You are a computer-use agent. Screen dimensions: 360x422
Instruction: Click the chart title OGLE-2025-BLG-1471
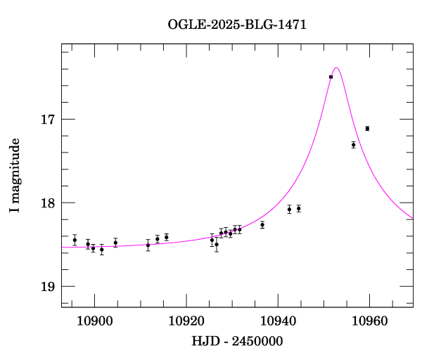click(237, 25)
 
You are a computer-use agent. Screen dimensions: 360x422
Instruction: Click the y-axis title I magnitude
click(15, 176)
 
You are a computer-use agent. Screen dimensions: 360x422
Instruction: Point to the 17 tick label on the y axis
click(47, 119)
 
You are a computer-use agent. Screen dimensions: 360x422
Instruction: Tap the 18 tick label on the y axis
click(47, 202)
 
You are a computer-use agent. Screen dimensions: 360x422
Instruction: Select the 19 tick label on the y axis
click(47, 286)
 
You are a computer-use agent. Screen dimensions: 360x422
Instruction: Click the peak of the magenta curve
click(337, 68)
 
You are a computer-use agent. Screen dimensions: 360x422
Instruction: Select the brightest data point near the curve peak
click(331, 77)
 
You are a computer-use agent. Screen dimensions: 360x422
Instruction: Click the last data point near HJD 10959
click(367, 129)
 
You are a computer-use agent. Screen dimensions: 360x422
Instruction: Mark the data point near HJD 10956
click(354, 145)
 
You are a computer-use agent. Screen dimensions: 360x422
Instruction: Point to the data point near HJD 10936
click(262, 225)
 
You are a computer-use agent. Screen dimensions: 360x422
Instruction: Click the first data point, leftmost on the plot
click(75, 240)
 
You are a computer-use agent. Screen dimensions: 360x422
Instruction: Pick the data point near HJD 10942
click(289, 209)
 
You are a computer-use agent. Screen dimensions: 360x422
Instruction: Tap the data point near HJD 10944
click(299, 208)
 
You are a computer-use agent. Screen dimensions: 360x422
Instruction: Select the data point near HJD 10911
click(148, 245)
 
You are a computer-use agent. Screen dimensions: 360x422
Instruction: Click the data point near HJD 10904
click(115, 243)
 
